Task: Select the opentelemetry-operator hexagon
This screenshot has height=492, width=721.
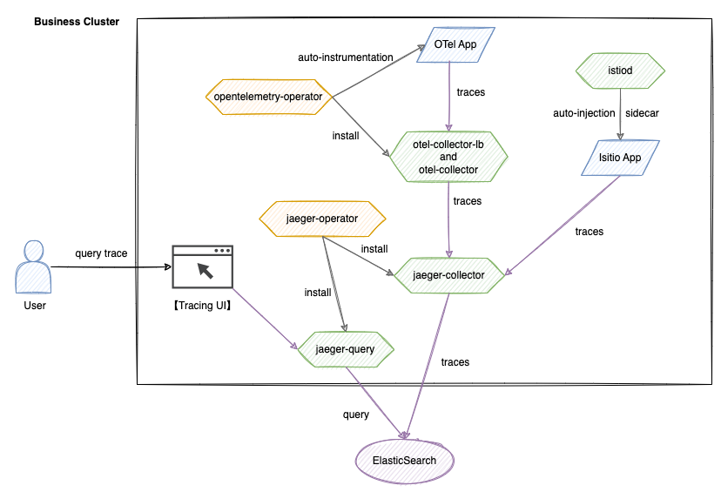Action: [267, 97]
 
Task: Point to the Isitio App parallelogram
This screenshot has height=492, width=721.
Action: [620, 158]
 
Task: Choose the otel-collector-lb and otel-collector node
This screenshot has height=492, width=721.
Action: [448, 157]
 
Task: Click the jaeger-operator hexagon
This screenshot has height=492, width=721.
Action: [321, 219]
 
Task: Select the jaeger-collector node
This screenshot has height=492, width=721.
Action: [448, 275]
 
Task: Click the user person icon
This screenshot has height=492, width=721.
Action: [34, 266]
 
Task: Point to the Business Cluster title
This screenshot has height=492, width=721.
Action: [77, 21]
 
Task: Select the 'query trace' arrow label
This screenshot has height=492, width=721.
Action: [101, 253]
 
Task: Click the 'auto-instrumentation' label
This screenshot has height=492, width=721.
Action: [345, 57]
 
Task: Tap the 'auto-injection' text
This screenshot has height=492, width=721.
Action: [583, 114]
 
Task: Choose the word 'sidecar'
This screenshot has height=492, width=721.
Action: [644, 114]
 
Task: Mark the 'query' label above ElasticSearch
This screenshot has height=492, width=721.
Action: [356, 414]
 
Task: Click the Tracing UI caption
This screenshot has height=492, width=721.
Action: [202, 306]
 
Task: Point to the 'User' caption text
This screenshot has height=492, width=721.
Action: [34, 306]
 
